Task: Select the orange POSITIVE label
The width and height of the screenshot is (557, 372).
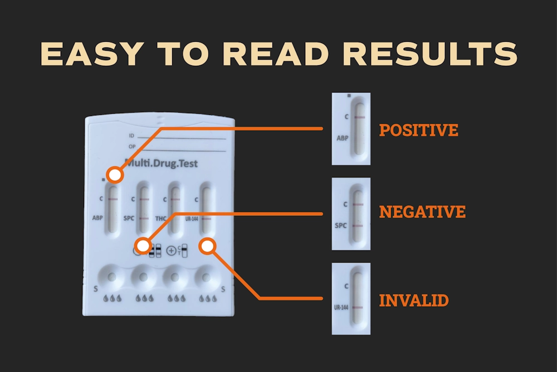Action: [x=418, y=130]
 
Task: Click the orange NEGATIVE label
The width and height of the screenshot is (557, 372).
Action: [x=422, y=212]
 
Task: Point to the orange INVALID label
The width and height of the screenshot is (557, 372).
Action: [x=414, y=301]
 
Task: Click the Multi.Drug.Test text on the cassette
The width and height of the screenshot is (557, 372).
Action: [x=162, y=163]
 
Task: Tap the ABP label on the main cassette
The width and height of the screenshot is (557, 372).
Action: [x=97, y=218]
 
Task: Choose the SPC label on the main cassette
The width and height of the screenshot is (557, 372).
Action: [x=129, y=218]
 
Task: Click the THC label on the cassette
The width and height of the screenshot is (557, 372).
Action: [x=160, y=219]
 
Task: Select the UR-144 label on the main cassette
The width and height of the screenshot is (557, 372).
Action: [x=192, y=219]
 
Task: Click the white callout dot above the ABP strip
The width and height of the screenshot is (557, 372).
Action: [x=115, y=175]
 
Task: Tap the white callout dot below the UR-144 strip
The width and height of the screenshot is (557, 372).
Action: [x=207, y=246]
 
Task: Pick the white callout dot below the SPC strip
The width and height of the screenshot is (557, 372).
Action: [x=143, y=246]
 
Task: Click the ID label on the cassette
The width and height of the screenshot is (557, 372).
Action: [x=131, y=136]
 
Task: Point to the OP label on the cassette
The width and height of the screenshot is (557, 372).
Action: [x=132, y=147]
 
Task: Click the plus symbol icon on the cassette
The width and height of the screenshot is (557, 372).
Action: [x=171, y=251]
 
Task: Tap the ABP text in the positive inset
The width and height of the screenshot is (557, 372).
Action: [x=343, y=138]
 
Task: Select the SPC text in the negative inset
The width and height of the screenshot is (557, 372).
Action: [x=341, y=225]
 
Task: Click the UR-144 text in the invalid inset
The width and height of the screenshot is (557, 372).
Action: [x=341, y=307]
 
